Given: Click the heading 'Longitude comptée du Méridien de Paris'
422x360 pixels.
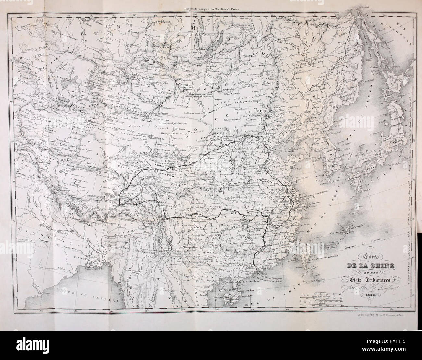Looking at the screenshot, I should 211,10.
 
